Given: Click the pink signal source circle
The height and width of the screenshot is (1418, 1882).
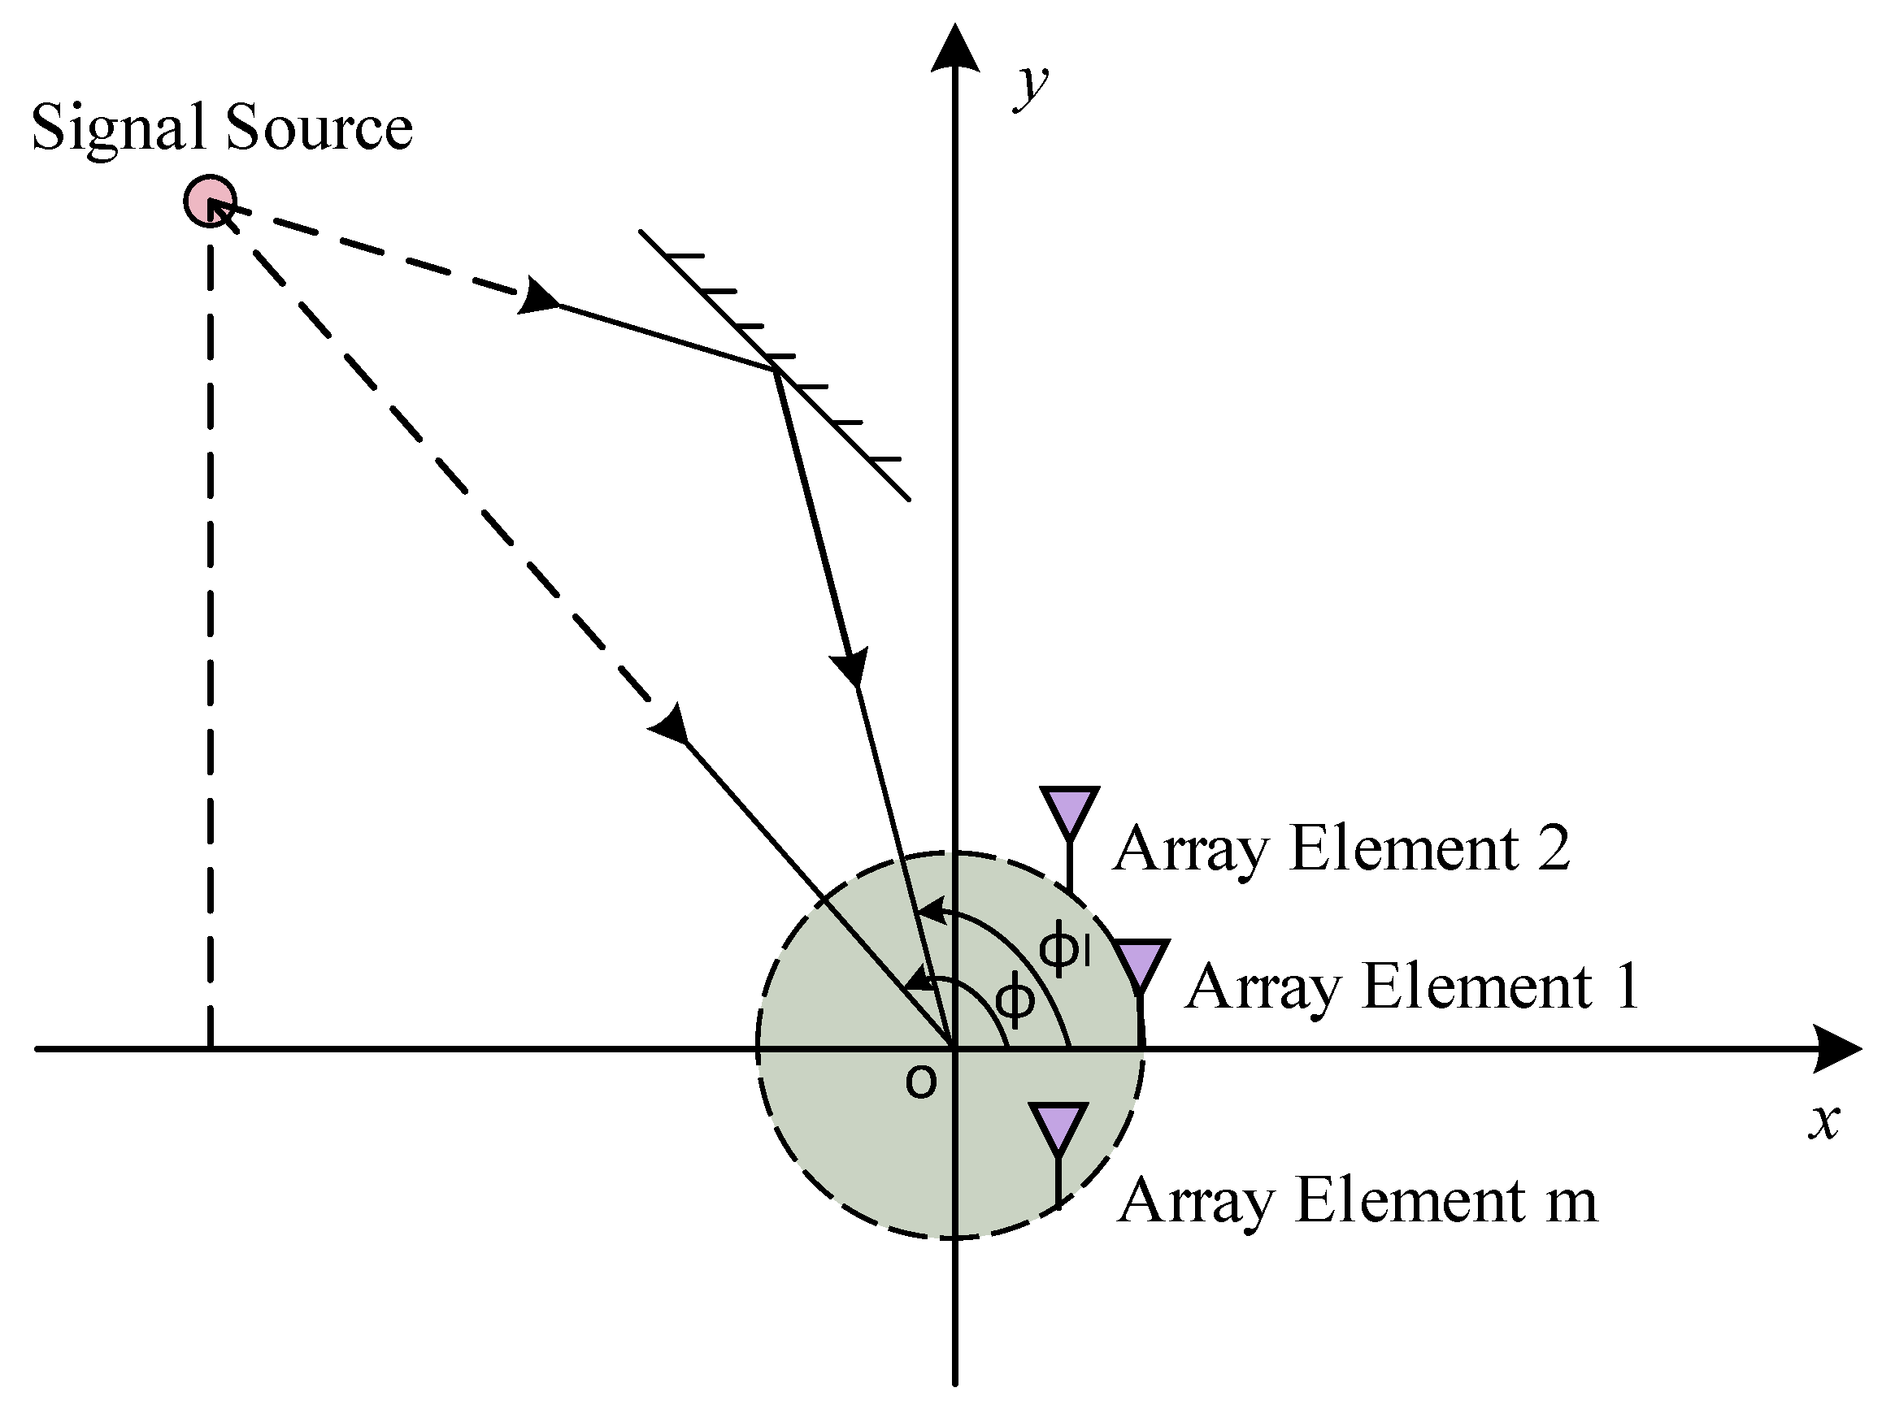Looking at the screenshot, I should coord(209,201).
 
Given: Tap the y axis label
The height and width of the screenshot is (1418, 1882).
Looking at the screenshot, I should coord(1032,87).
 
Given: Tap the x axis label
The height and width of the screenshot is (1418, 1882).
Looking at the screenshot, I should coord(1823,1121).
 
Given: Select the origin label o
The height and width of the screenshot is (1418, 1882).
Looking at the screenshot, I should coord(921,1082).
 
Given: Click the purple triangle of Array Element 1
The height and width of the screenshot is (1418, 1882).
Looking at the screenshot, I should coord(1139,961).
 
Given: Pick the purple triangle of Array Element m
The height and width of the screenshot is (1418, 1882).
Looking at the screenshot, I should coord(1058,1125).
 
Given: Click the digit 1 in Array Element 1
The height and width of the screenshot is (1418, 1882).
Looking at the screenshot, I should coord(1626,987).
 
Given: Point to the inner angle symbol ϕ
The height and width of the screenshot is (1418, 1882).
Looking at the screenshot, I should coord(1015,1000).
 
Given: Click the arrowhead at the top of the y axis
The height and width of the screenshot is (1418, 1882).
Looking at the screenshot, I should coord(954,50).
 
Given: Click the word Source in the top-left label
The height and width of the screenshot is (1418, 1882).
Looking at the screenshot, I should coord(318,128).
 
